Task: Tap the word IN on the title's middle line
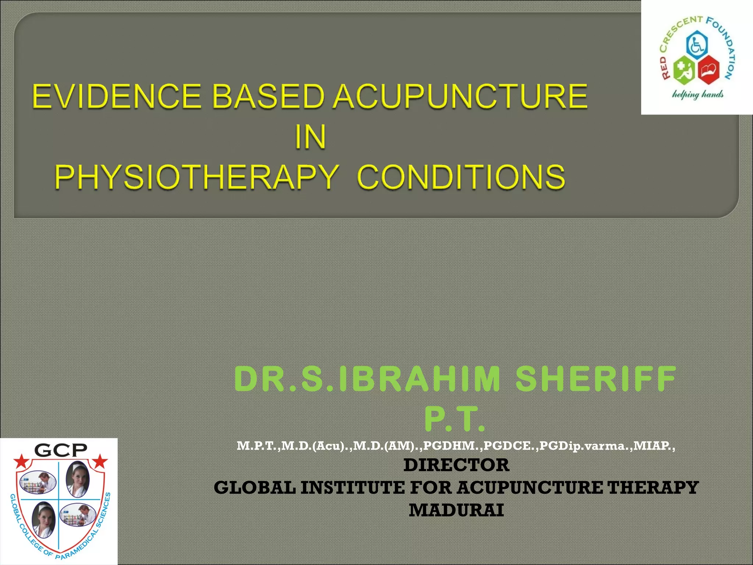310,137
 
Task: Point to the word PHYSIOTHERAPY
197,177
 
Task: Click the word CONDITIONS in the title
461,177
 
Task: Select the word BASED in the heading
269,96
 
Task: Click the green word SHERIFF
596,379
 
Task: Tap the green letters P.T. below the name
455,419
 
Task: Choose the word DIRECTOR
456,465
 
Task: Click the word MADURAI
456,510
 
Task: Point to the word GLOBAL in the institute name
254,488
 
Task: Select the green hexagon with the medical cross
684,70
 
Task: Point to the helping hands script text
697,95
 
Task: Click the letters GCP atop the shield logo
61,450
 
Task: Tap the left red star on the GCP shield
22,461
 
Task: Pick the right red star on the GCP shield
100,461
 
